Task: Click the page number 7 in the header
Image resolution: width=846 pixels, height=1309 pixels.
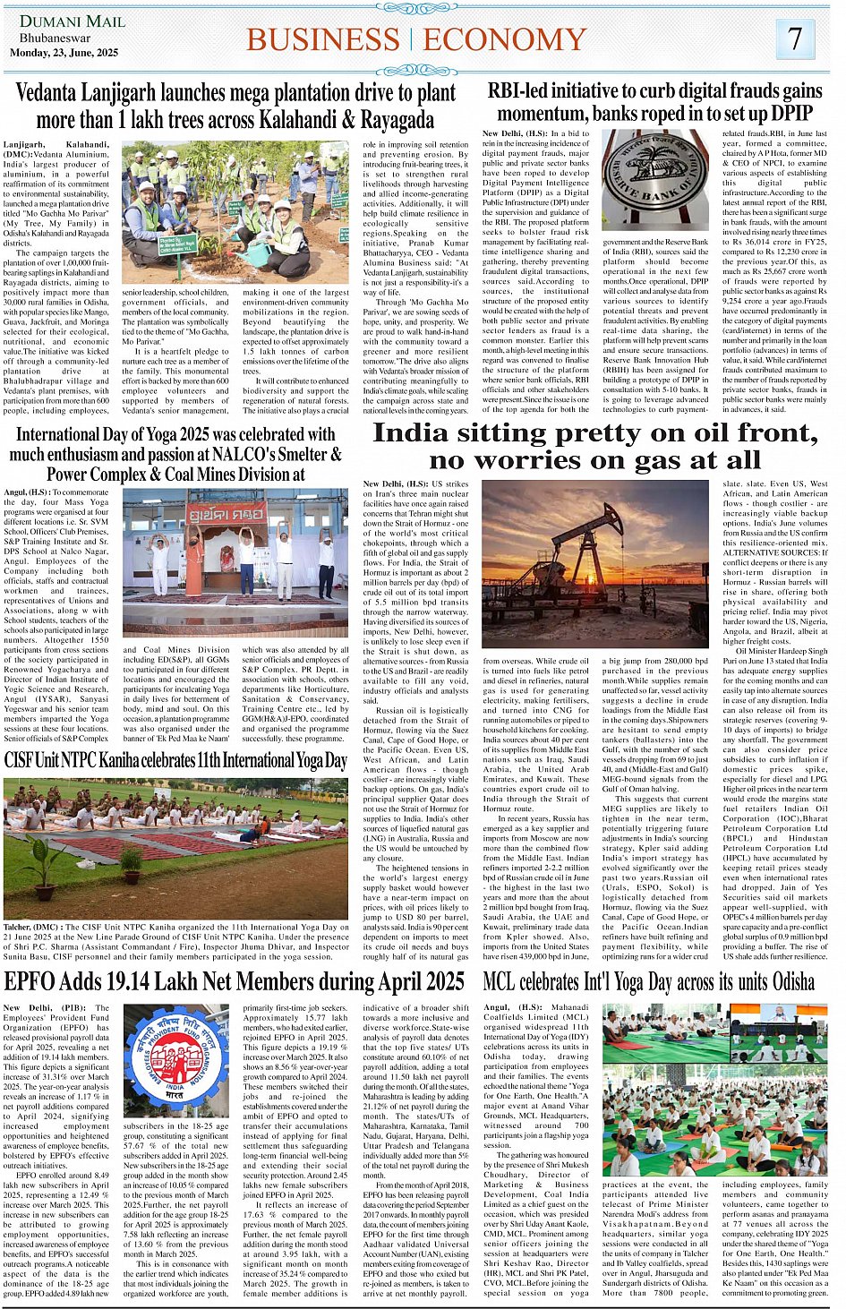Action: coord(795,38)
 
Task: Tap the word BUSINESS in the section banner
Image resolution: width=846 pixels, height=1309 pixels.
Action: coord(323,39)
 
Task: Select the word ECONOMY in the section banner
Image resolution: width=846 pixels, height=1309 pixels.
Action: coord(505,39)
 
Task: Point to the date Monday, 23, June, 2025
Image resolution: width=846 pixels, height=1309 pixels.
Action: coord(64,53)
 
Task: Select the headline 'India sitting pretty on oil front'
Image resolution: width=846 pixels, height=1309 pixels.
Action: coord(595,433)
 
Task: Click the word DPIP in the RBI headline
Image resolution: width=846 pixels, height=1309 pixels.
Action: coord(790,114)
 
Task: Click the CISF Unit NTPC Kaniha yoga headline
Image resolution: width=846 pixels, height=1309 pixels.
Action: coord(175,761)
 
